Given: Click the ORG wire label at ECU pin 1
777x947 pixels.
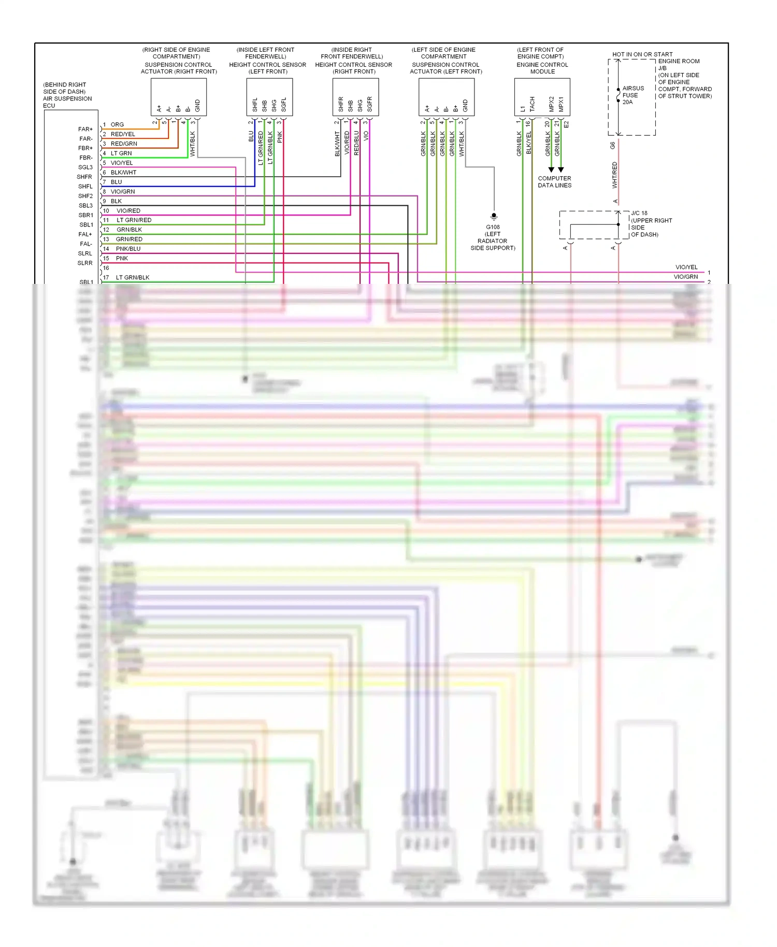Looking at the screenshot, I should point(117,125).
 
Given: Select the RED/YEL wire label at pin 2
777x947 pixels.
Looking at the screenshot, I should point(123,134).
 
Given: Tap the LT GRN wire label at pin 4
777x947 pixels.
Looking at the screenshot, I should point(121,153).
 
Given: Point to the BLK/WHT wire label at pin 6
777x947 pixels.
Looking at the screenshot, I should point(123,173).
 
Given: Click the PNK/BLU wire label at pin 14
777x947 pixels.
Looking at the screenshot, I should point(128,249).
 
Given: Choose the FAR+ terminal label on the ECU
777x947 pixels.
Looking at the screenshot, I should point(85,130).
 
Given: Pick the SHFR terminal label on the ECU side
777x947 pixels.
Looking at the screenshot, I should point(84,177).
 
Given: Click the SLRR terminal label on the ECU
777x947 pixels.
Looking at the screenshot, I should point(85,263).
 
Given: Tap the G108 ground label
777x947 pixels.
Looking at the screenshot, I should point(493,227).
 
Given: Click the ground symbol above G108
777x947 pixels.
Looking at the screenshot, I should point(494,216).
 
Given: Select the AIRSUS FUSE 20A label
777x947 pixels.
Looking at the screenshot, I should point(632,95).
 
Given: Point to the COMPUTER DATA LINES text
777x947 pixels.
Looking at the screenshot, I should point(554,182).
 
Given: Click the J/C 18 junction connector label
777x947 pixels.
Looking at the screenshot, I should point(639,213).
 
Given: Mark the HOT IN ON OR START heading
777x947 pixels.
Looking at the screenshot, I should point(642,54).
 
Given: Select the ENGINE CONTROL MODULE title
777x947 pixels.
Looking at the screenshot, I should point(542,68).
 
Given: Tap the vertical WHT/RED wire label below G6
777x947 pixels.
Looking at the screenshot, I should point(615,175).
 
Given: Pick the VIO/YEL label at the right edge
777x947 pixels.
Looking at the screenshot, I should point(686,267).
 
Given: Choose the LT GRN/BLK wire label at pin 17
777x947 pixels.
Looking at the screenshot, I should point(133,278).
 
